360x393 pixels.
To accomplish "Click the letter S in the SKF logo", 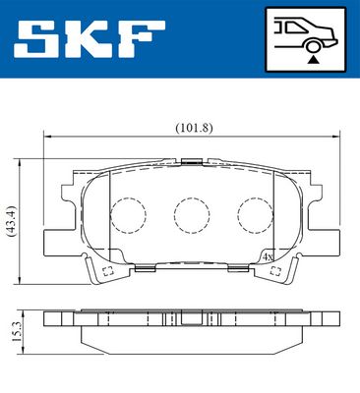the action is tap(37, 38).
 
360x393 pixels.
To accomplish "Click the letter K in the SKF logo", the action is tap(89, 38).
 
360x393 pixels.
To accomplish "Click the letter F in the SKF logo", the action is tap(140, 38).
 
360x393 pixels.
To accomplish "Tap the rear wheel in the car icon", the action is tap(313, 47).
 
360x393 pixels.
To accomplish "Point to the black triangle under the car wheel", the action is tap(314, 59).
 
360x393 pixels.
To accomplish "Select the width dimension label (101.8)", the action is tap(194, 128).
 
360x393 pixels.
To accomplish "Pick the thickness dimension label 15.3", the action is tap(16, 332).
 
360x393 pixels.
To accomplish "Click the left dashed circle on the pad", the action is tap(128, 215).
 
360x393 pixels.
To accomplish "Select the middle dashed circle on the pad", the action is tap(192, 215).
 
